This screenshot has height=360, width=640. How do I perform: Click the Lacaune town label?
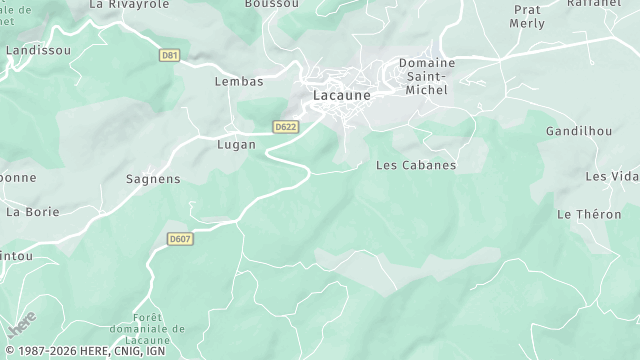coord(342,96)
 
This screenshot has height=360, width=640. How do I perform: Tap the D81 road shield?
coord(170,55)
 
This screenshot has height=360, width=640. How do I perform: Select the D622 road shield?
coord(286,127)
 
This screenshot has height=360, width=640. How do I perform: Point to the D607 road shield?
coord(180,239)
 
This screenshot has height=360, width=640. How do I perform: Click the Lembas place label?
coord(239,82)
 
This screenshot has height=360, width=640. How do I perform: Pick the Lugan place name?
coord(237,144)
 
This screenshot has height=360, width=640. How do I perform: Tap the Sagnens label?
coord(153,179)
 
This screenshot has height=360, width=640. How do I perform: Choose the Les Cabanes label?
coord(415,165)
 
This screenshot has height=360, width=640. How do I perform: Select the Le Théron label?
coord(589,214)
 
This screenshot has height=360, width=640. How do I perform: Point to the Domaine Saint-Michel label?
coord(427,76)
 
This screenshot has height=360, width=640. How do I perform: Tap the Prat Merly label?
coord(527,16)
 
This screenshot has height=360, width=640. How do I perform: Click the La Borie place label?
coord(33,212)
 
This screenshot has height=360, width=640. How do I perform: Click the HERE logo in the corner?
coord(21,324)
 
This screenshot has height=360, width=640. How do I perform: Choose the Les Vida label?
coord(610,176)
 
